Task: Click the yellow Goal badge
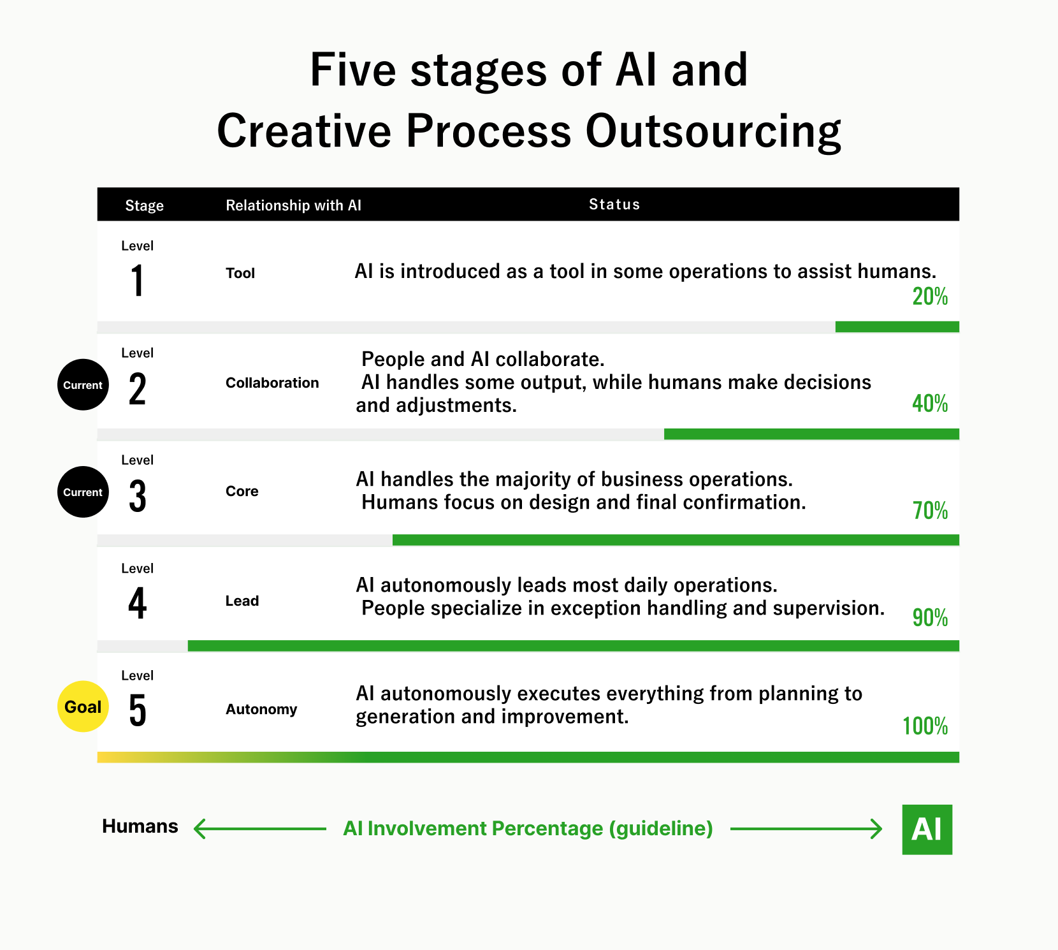tap(83, 706)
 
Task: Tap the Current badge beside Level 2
tap(83, 384)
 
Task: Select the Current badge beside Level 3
tap(83, 492)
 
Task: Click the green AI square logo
tap(927, 829)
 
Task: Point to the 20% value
tap(930, 297)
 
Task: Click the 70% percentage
tap(930, 511)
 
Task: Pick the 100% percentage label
tap(925, 726)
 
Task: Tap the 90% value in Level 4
tap(930, 618)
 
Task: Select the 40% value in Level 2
tap(930, 404)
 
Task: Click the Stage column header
tap(145, 205)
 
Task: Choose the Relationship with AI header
tap(293, 205)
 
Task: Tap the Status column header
tap(614, 204)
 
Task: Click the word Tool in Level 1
tap(240, 273)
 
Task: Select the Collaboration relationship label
tap(272, 383)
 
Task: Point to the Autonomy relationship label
tap(261, 709)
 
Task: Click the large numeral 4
tap(138, 603)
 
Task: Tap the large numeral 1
tap(138, 281)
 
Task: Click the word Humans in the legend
tap(140, 826)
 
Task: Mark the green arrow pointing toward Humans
tap(259, 829)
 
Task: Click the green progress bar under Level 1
tap(897, 327)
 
